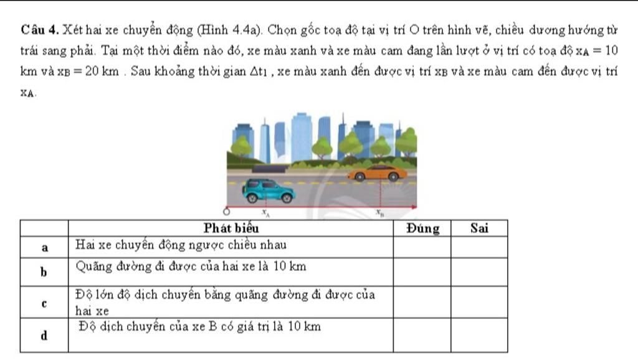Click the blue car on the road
click(268, 190)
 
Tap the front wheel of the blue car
click(286, 197)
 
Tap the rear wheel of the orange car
click(359, 177)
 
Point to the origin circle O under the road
click(227, 211)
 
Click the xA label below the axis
click(265, 213)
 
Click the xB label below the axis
click(378, 213)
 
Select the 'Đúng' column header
click(423, 228)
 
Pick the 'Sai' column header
click(479, 228)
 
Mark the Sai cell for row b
click(479, 272)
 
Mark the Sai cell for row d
click(479, 335)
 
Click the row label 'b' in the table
click(44, 272)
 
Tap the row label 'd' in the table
click(44, 335)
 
